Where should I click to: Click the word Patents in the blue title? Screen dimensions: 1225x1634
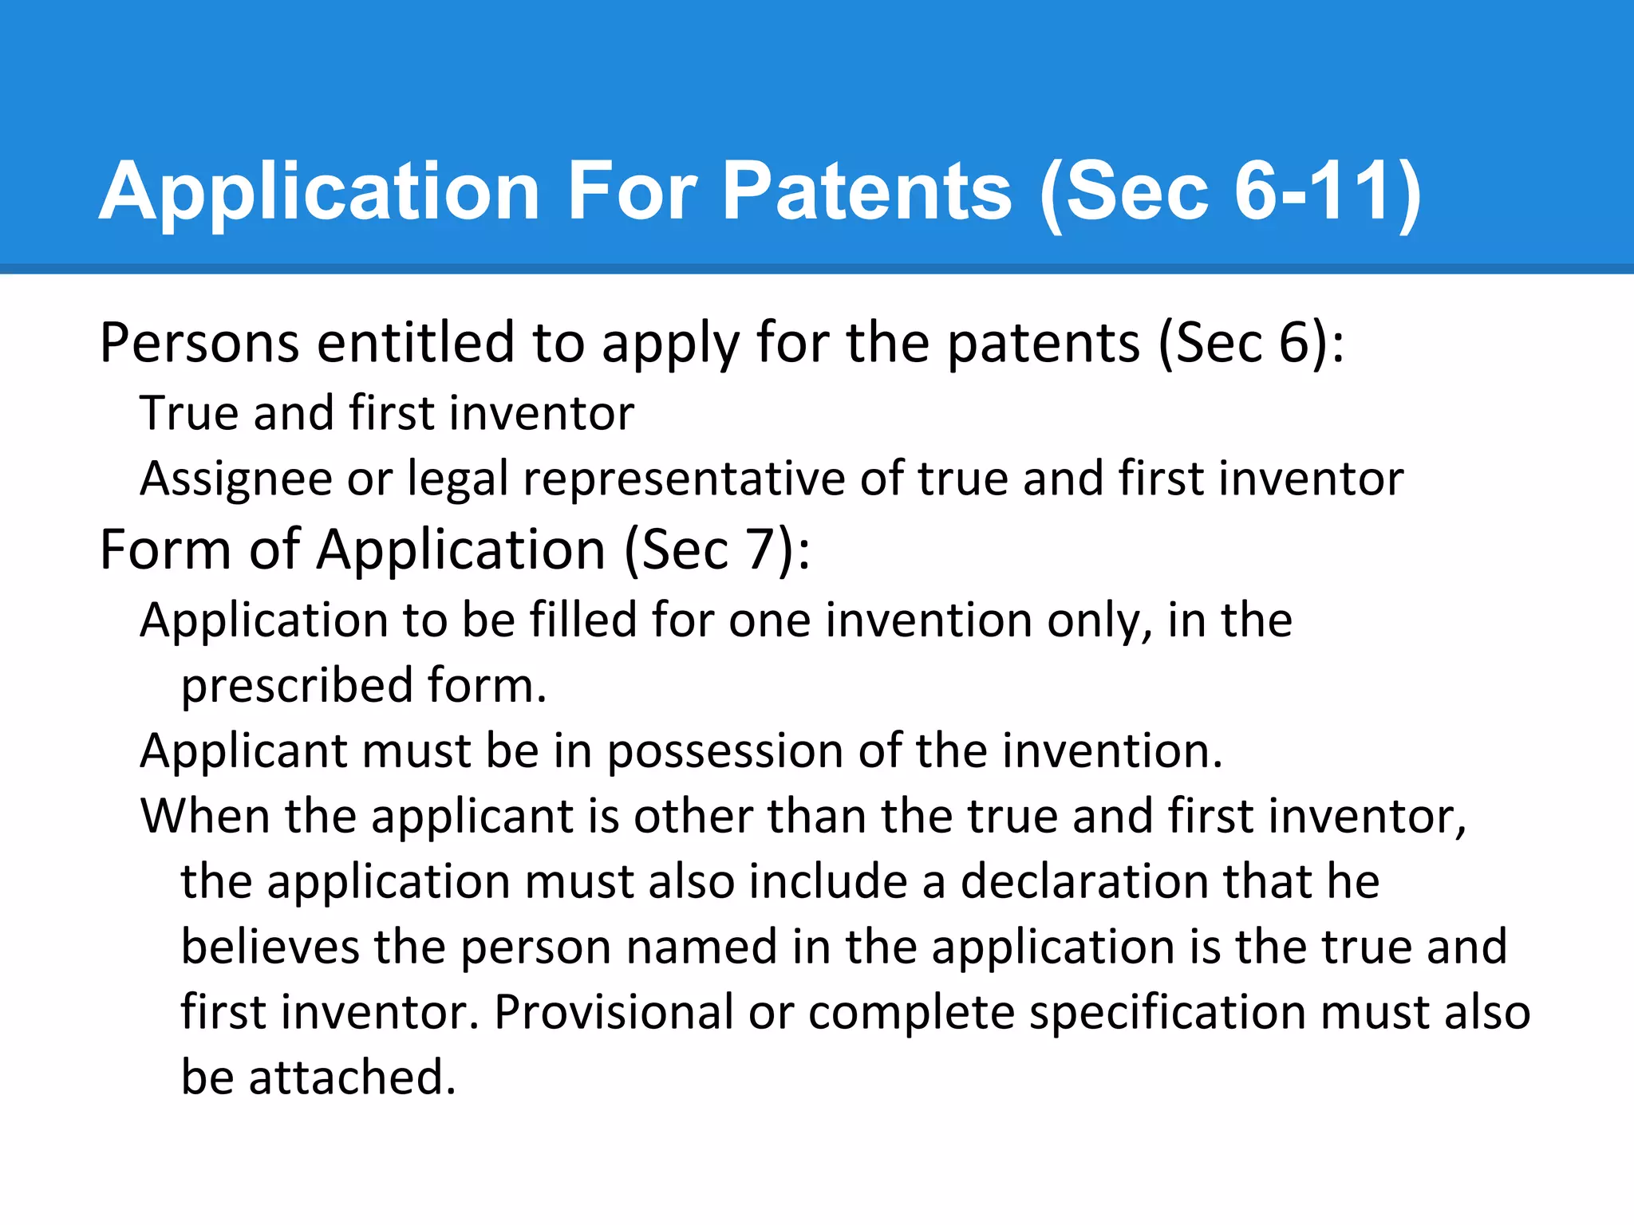866,191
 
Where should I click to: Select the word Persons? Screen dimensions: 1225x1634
199,343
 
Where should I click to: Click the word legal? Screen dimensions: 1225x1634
458,479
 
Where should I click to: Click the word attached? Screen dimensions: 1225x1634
352,1077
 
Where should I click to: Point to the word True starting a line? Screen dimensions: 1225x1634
189,413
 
